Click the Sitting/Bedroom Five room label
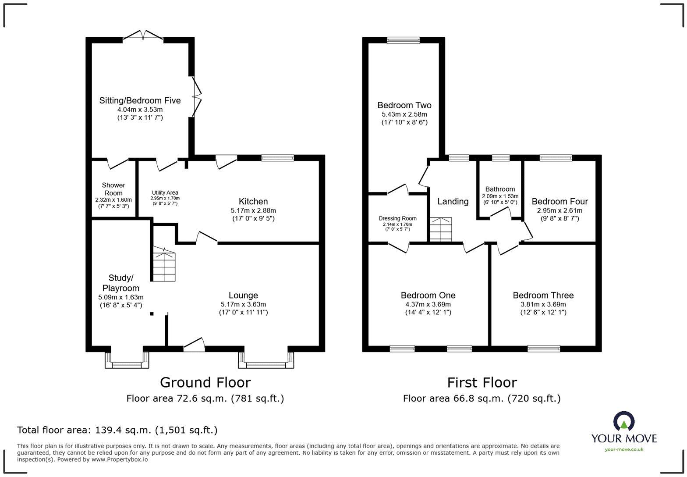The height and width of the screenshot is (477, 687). click(x=140, y=100)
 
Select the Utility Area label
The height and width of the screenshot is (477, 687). click(x=165, y=192)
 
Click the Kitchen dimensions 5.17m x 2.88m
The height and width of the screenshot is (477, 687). click(x=253, y=210)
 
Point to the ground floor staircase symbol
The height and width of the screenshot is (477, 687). click(x=164, y=265)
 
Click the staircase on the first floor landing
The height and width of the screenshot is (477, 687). click(x=440, y=229)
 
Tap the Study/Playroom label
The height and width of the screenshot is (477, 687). click(x=120, y=283)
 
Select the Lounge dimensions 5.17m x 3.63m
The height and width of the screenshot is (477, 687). click(x=243, y=304)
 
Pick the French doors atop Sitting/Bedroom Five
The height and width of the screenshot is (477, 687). click(x=143, y=36)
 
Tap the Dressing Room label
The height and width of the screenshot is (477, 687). click(x=397, y=218)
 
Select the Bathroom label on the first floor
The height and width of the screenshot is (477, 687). click(x=500, y=189)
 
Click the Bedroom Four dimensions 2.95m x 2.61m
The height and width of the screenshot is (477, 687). click(x=560, y=210)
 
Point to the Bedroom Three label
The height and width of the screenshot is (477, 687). click(x=543, y=295)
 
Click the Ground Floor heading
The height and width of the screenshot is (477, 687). click(x=205, y=382)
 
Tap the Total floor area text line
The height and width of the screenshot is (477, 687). click(x=117, y=430)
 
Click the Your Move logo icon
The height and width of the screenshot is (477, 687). click(x=623, y=421)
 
